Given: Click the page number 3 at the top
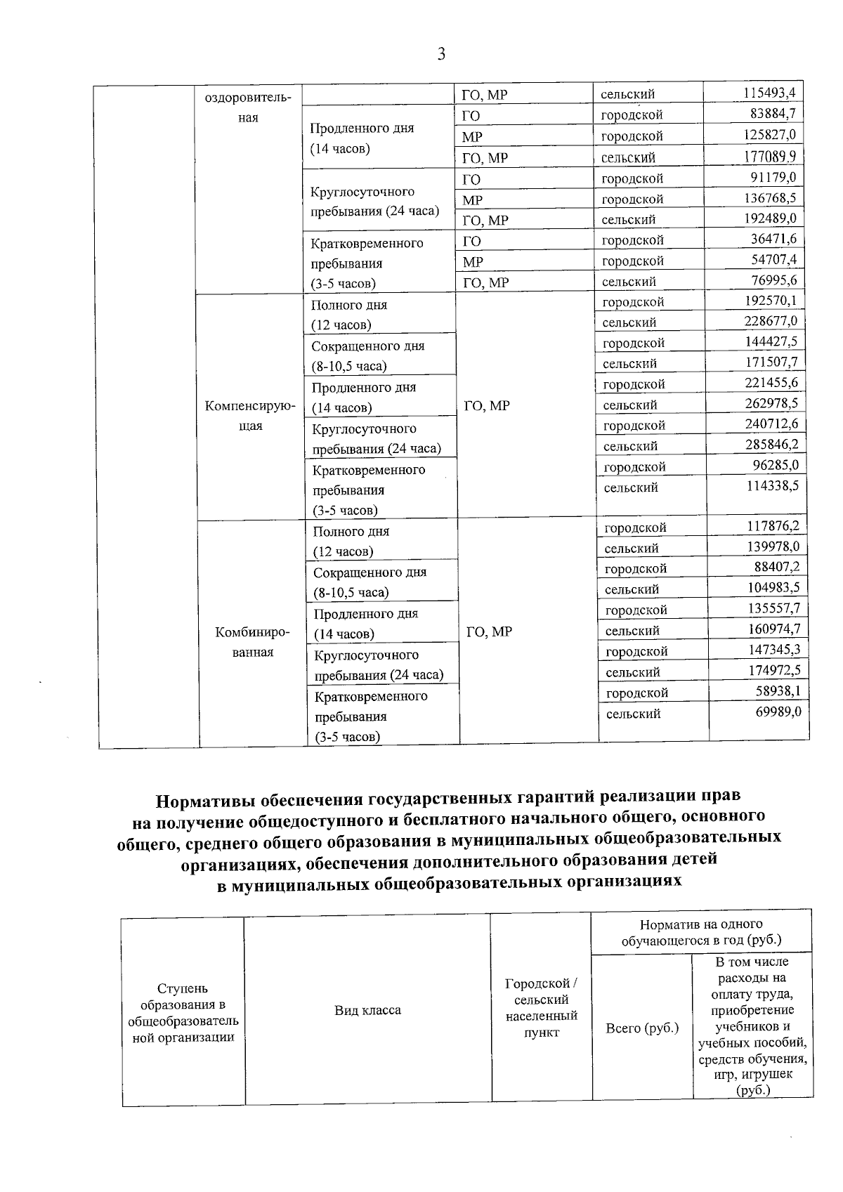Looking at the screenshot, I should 441,54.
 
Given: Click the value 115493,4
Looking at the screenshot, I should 771,93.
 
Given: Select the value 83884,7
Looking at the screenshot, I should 776,113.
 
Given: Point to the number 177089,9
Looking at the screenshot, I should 771,155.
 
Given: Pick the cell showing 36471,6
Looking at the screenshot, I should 776,239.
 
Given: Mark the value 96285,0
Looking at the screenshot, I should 776,465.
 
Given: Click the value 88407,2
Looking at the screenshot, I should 778,567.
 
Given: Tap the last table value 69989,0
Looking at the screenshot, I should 778,712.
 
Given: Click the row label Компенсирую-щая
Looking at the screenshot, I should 250,416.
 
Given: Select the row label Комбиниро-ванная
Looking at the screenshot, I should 253,642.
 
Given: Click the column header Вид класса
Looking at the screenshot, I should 367,1010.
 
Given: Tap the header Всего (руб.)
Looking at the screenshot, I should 642,1028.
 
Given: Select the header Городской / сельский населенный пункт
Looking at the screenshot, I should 541,1007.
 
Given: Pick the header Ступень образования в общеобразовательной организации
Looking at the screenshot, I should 183,1013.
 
